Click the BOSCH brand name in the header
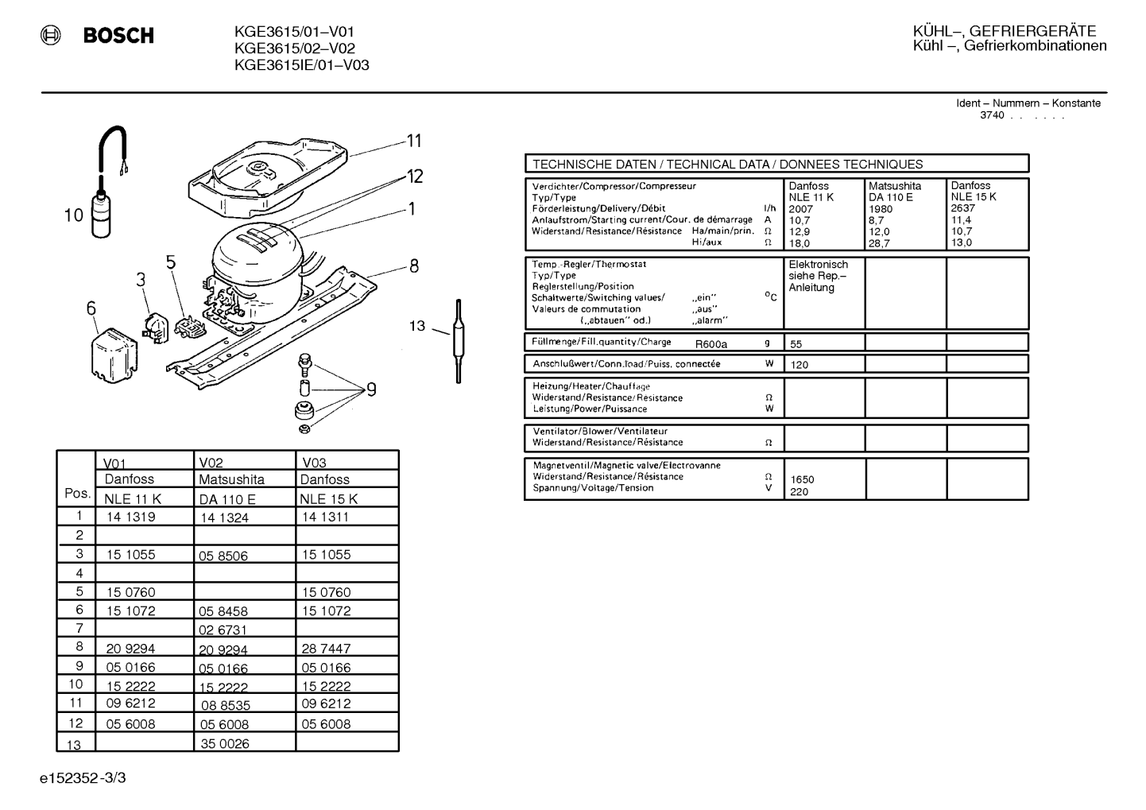point(118,35)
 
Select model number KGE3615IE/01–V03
point(301,65)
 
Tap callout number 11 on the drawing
point(414,141)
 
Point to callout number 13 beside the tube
point(417,326)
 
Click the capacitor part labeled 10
point(101,215)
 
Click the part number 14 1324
point(224,517)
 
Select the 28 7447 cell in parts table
point(326,649)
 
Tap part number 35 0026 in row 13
point(225,743)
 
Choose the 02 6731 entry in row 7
point(223,630)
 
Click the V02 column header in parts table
point(211,463)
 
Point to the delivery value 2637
point(963,208)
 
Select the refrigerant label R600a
point(710,344)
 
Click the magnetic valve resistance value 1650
point(802,479)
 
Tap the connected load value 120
point(799,365)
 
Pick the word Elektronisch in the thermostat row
point(818,265)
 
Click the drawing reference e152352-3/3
point(83,778)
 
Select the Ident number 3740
point(992,115)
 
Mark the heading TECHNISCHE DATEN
point(594,165)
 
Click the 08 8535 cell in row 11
point(226,706)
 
